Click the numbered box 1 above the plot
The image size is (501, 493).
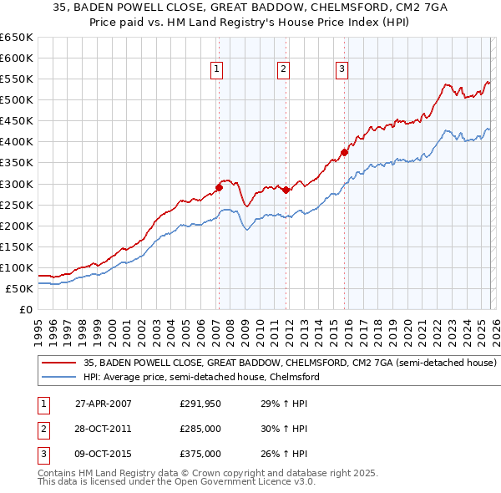pos(216,69)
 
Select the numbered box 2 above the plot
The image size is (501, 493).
pos(284,69)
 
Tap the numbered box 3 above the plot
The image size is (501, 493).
pos(342,69)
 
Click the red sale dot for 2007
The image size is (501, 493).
pos(219,187)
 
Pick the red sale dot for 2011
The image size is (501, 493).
pos(286,190)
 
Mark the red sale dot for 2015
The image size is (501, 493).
pos(344,152)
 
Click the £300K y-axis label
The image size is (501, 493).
pos(17,184)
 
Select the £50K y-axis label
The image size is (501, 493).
pos(19,288)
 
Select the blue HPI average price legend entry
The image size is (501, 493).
pos(200,378)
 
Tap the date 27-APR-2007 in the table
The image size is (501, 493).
pos(103,404)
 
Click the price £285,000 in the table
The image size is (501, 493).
pos(200,429)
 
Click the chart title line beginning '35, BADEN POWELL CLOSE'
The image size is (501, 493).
pos(250,10)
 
